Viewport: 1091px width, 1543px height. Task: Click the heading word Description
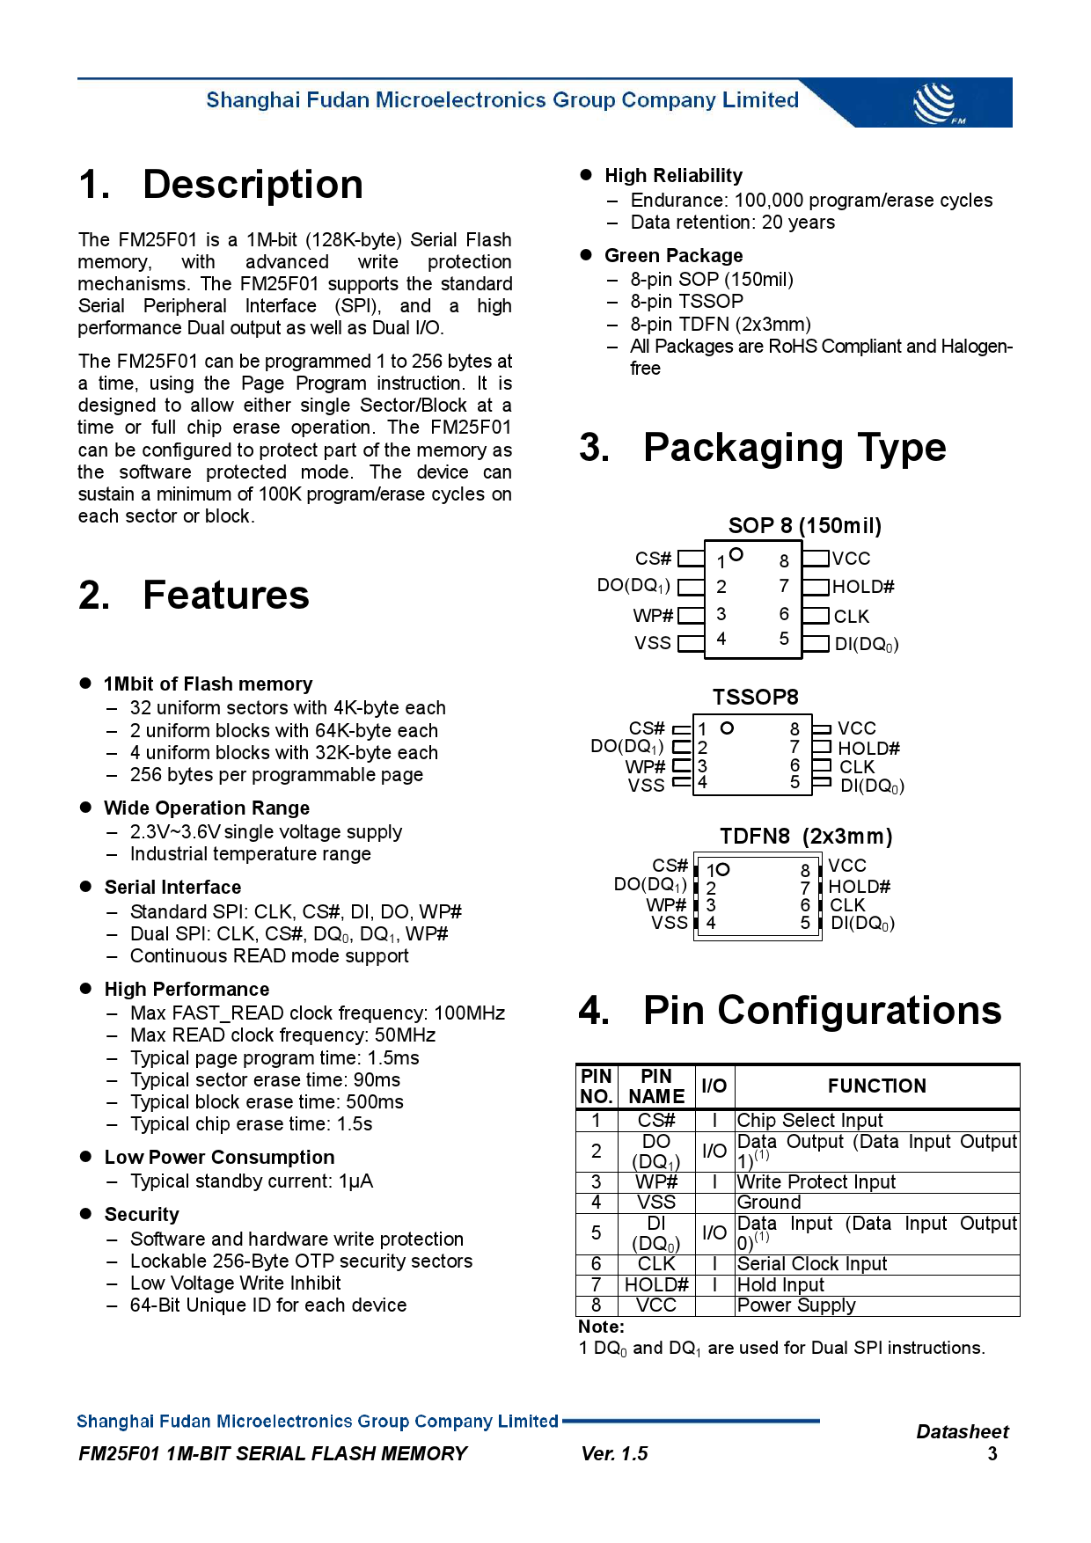253,185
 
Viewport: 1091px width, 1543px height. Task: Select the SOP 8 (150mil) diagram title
804,526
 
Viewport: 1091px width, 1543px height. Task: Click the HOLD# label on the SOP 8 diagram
863,587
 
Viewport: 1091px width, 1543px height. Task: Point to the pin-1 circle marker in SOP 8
736,554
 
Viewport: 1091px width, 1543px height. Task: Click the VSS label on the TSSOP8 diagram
646,786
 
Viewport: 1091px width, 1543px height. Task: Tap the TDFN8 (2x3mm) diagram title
805,837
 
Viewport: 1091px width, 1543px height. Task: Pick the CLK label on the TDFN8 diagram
847,905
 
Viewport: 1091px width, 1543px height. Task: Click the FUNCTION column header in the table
876,1086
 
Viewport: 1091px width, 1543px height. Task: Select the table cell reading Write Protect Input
816,1182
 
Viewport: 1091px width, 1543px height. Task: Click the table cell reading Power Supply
795,1305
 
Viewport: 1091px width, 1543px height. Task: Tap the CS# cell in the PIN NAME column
656,1121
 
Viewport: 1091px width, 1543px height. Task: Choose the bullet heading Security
142,1215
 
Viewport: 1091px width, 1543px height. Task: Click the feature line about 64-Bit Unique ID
267,1305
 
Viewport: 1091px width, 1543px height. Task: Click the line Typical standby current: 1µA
251,1181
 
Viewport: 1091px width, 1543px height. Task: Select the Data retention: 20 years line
732,223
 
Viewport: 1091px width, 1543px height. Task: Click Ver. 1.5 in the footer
614,1454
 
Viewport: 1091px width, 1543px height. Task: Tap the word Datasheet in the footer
962,1432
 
